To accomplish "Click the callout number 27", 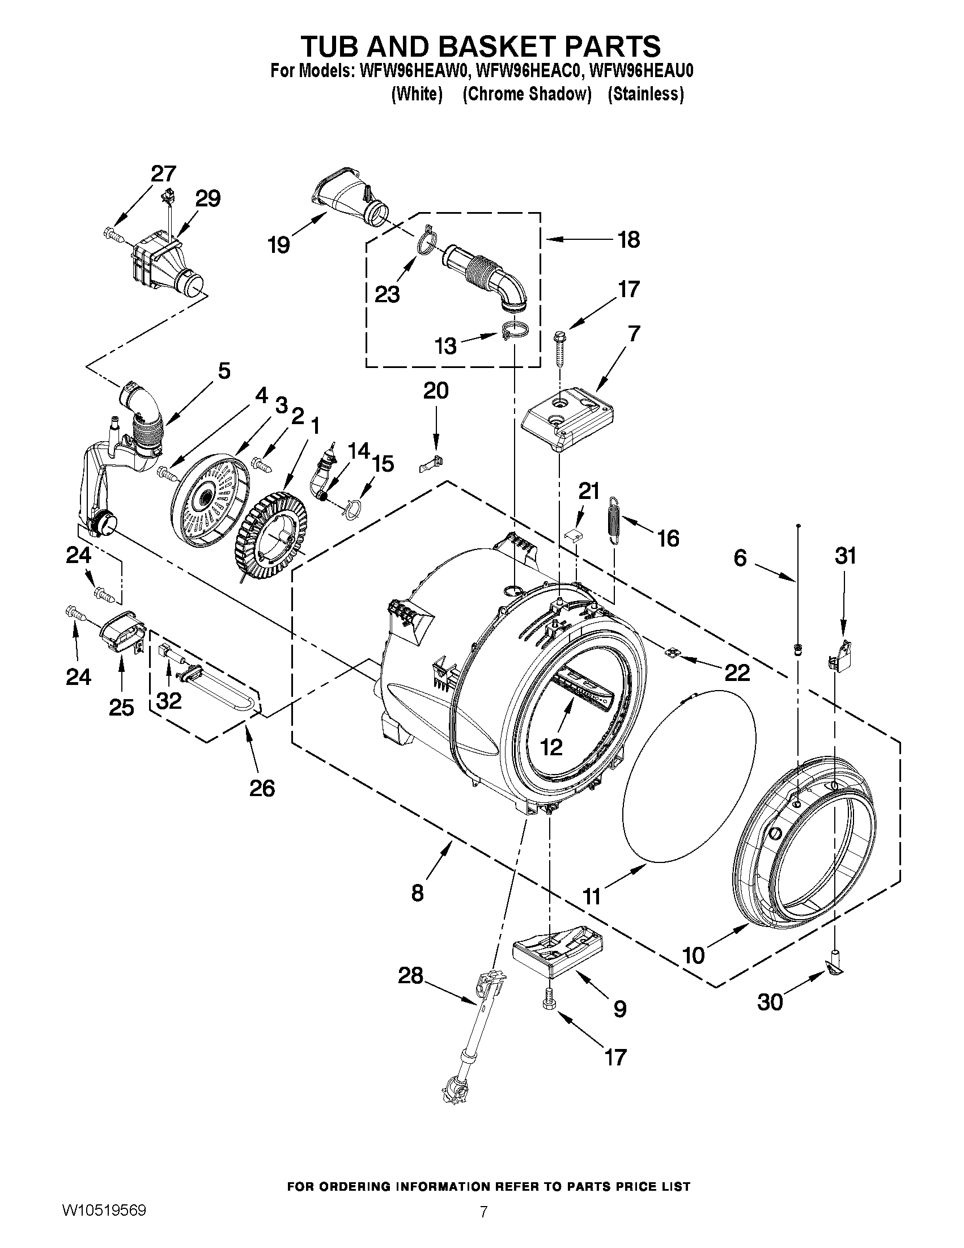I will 163,173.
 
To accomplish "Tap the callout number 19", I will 279,244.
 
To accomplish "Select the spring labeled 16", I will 614,519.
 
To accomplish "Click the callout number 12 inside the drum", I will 551,746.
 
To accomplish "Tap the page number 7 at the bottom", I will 484,1228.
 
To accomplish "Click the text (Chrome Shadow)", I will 526,94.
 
